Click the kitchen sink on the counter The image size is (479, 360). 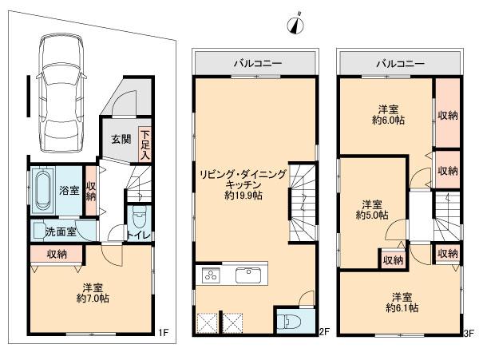point(248,276)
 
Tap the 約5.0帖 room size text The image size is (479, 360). point(371,215)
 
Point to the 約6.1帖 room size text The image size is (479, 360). point(401,308)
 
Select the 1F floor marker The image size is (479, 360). point(161,331)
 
